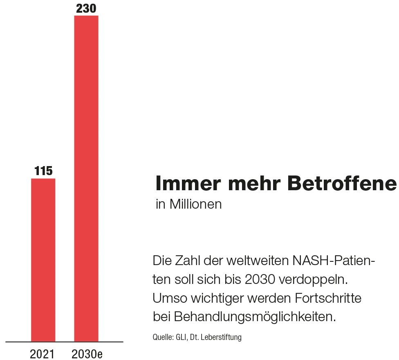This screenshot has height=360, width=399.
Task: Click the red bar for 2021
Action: [43, 259]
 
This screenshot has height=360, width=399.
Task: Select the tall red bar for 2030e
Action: [86, 178]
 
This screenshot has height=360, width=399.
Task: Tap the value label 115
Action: [43, 171]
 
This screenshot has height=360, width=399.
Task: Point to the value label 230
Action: [86, 8]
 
